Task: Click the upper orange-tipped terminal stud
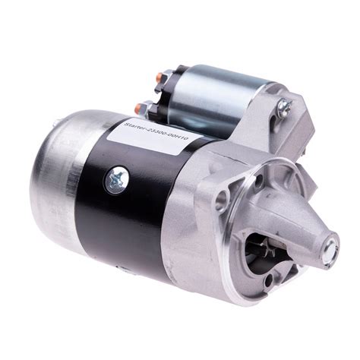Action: (160, 75)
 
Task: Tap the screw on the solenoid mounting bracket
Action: (284, 106)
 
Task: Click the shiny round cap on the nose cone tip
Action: (330, 249)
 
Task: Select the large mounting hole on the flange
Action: (222, 197)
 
